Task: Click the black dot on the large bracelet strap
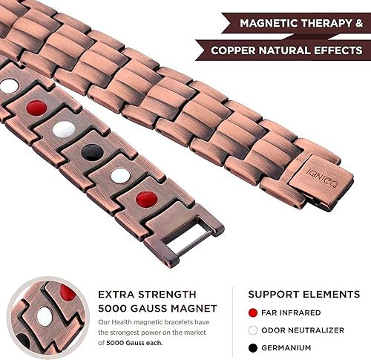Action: coord(93,152)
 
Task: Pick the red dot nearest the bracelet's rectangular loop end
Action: coord(146,200)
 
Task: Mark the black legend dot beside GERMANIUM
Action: coord(254,347)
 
